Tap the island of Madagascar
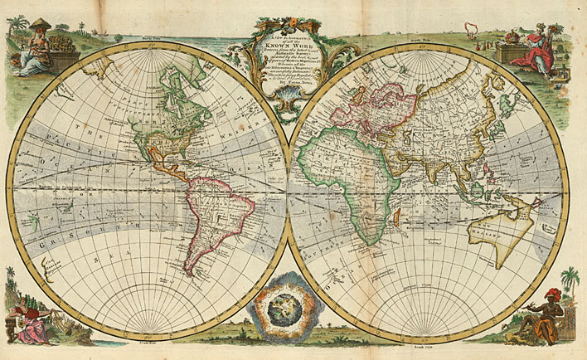[397, 217]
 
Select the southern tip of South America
[192, 273]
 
